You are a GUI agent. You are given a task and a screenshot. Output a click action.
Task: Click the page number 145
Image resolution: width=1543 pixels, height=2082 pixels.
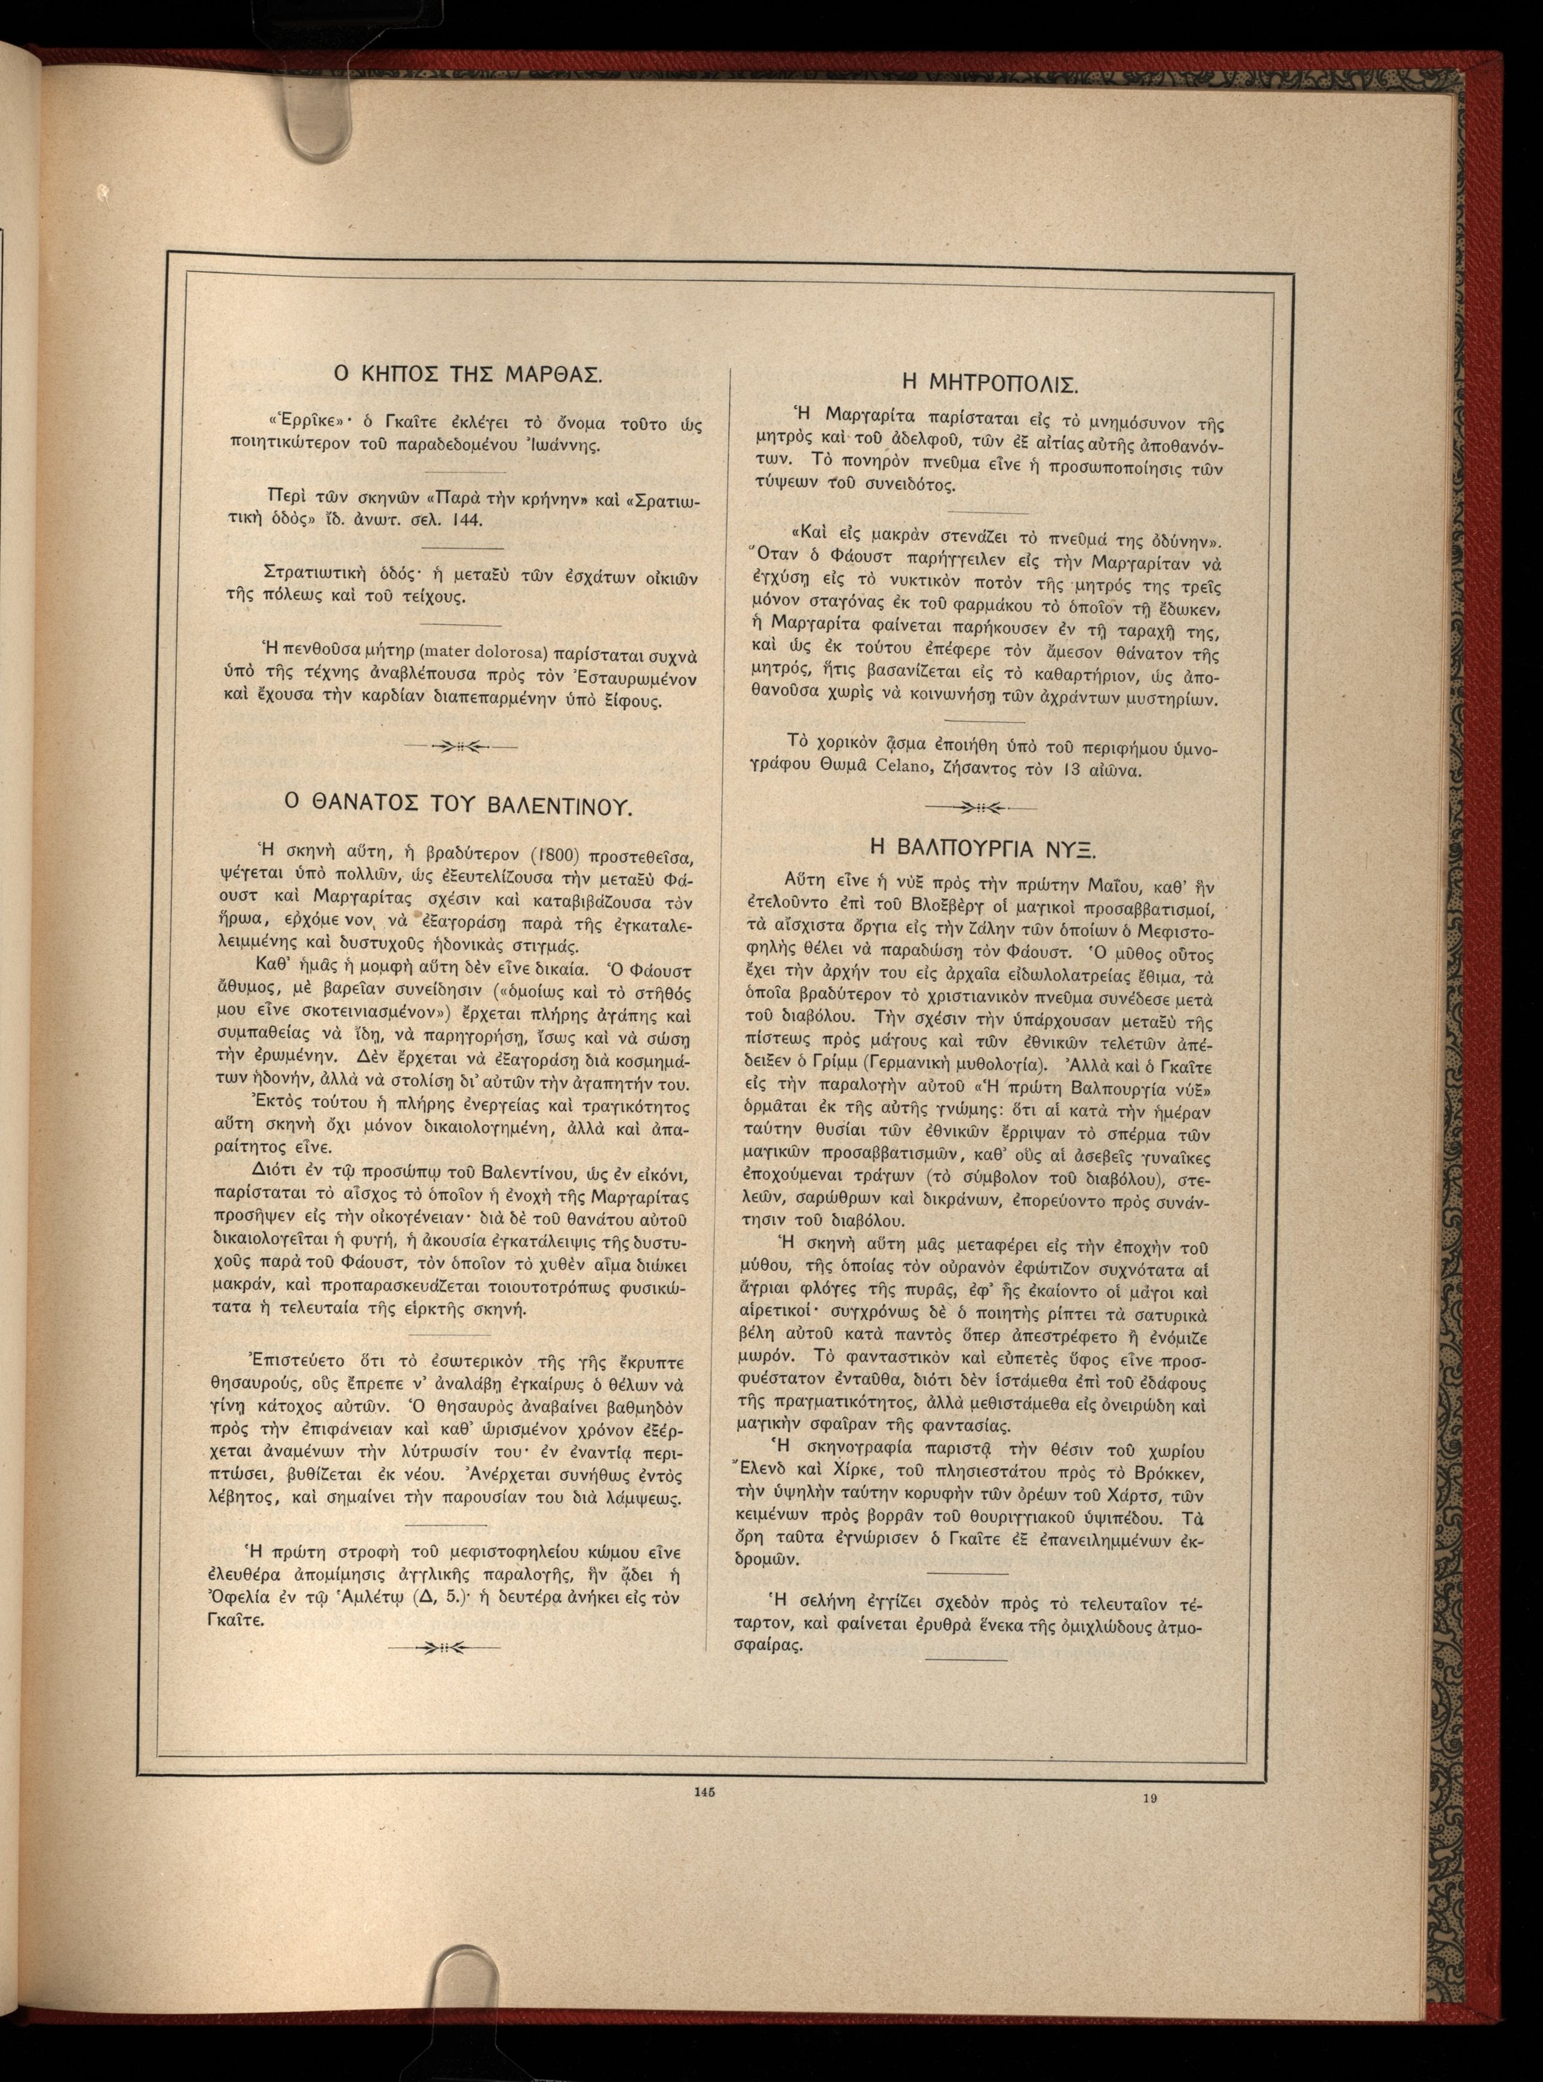coord(704,1792)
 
